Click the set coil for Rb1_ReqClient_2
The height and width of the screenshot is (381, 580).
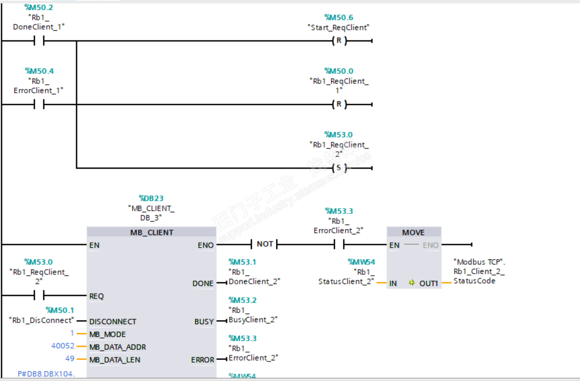point(339,168)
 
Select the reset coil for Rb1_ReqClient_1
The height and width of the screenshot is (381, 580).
point(339,105)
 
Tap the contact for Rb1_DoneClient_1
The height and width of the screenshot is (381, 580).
point(39,41)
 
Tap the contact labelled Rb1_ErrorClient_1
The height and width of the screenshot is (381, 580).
point(39,105)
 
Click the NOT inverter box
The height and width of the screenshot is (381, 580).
point(264,244)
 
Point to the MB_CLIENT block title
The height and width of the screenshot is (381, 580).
point(151,232)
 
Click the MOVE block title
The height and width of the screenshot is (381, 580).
point(413,232)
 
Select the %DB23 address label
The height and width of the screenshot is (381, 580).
point(151,198)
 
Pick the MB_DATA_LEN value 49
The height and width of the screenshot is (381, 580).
point(69,359)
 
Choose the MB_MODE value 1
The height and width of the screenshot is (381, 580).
point(72,334)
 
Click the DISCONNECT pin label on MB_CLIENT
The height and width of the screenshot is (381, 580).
point(113,321)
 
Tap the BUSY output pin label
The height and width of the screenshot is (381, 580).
point(204,321)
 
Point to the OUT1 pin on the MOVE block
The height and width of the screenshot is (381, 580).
point(428,283)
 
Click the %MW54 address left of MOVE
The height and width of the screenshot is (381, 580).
point(361,262)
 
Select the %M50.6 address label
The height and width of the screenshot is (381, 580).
point(339,17)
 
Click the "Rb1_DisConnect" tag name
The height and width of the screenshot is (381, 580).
point(41,320)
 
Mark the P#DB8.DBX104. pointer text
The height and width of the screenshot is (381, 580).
point(46,373)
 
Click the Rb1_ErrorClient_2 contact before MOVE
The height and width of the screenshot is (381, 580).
point(339,244)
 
